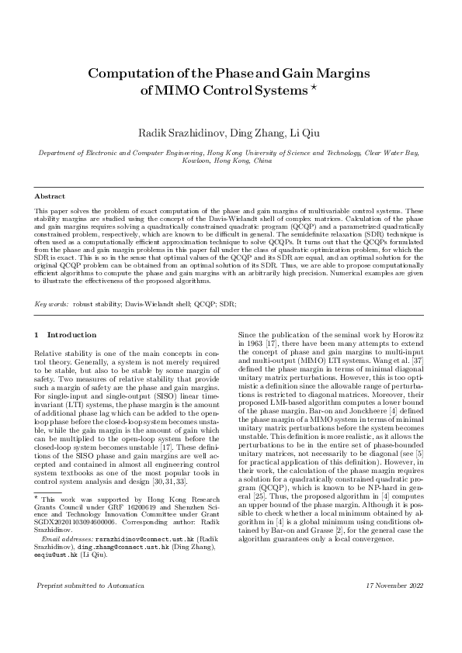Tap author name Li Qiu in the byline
(x=307, y=134)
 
